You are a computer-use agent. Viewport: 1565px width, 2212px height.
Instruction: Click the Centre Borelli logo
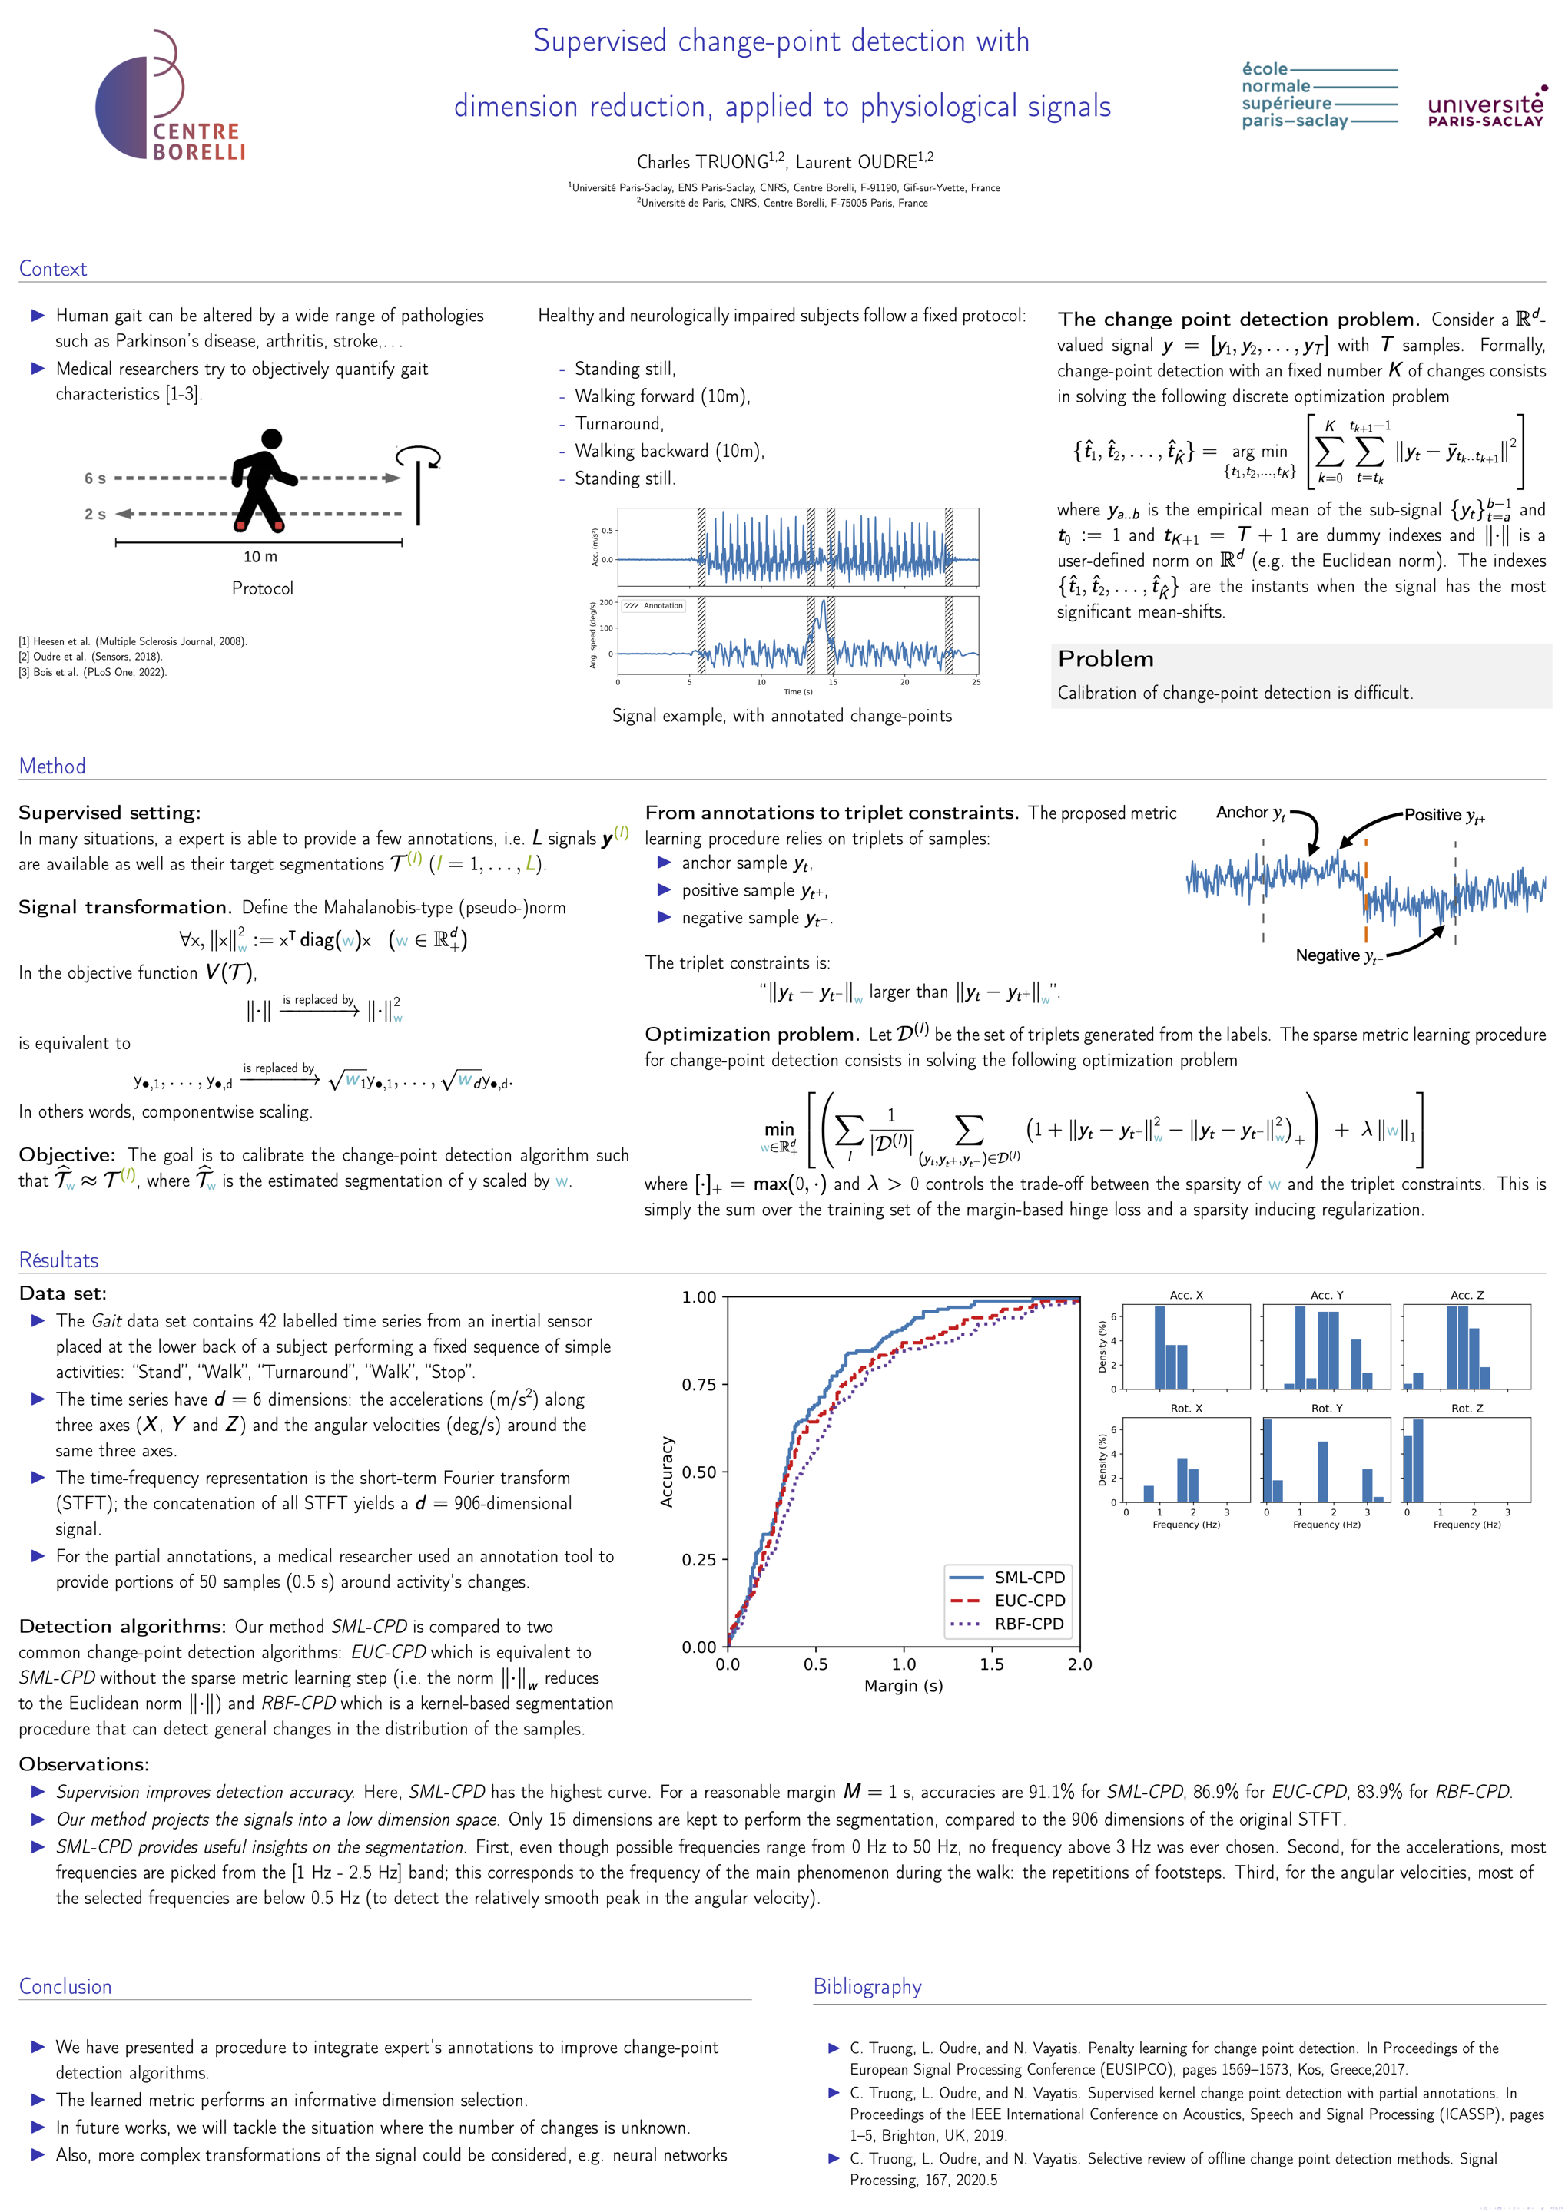pos(171,96)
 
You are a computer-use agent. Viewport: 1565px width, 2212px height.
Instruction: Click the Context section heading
pos(53,269)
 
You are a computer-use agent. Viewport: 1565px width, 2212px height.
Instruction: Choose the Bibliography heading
pos(867,1986)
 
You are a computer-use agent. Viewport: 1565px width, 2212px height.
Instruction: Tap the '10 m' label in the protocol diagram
pos(260,557)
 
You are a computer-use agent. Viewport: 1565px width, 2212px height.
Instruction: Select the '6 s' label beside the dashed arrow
pos(94,478)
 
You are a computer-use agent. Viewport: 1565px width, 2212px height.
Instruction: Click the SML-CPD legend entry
pos(1030,1577)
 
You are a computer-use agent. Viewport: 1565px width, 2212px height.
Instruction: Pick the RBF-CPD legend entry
pos(1030,1624)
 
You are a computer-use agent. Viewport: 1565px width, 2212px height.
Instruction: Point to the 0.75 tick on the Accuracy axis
pos(700,1385)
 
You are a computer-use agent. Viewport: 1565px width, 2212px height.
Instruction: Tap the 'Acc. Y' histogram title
pos(1326,1295)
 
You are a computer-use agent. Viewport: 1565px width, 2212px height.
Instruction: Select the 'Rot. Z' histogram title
pos(1467,1409)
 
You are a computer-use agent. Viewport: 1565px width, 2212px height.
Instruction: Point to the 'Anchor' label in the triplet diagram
pos(1242,812)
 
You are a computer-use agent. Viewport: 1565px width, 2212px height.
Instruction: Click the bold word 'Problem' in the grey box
pos(1106,659)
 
